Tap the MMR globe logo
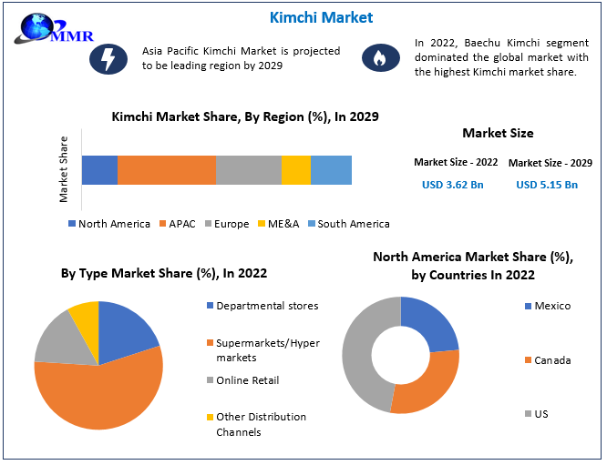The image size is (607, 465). [41, 27]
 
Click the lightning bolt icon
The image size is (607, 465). [107, 59]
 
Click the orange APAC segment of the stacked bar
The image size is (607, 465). [167, 170]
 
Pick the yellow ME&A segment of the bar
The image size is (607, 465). [296, 170]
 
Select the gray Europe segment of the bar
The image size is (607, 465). [249, 170]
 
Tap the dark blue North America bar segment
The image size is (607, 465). [99, 170]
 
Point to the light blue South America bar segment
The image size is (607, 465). [331, 170]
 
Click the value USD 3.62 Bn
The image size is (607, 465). [453, 185]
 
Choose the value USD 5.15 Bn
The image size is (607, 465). [547, 185]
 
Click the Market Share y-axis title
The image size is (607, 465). [64, 169]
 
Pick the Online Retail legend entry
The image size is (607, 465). [247, 379]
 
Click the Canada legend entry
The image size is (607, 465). [552, 360]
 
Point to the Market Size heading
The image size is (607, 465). [498, 134]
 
